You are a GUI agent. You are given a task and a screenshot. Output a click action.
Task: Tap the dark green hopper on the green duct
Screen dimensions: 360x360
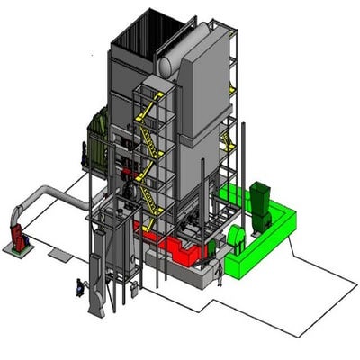coord(262,200)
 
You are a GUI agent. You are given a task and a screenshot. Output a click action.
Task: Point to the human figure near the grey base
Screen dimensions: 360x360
coord(218,274)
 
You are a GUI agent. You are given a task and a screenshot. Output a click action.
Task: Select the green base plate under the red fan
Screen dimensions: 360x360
coord(16,250)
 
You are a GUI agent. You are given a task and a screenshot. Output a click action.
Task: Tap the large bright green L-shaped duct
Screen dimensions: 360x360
coord(265,234)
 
